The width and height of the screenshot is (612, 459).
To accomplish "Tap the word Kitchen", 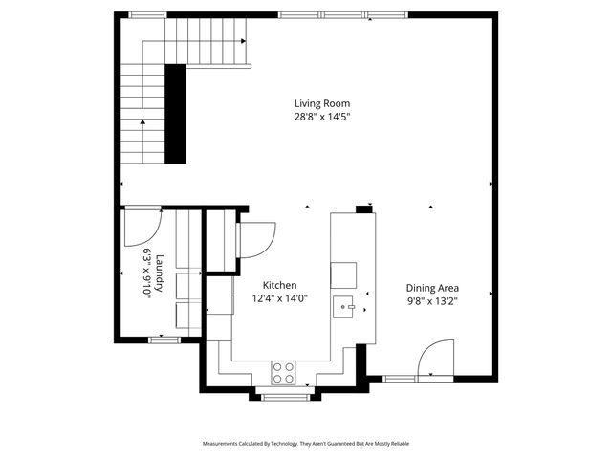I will click(280, 285).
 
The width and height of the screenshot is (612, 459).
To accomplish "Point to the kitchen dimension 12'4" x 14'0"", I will click(280, 299).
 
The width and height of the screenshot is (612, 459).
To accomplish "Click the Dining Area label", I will click(432, 287).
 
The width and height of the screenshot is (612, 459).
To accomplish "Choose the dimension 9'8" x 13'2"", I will click(432, 300).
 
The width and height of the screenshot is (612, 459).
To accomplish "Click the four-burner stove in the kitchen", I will click(283, 371).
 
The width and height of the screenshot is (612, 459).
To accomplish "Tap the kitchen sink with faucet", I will click(344, 307).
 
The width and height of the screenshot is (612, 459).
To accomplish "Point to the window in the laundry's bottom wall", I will click(164, 339).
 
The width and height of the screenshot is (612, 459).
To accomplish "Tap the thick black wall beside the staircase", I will click(175, 112).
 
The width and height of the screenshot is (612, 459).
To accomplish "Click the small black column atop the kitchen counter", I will click(364, 208).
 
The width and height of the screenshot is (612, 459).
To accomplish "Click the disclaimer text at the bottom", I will click(306, 444).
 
